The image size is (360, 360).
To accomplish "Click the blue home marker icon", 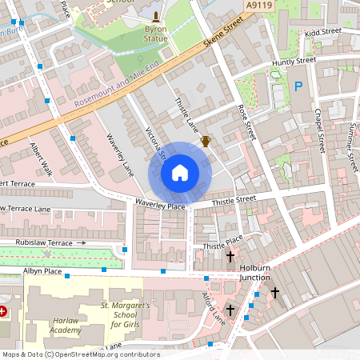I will [180, 172].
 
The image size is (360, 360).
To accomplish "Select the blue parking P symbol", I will [298, 86].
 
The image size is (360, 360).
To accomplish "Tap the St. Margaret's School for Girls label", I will [125, 314].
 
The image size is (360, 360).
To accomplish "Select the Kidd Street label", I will [322, 32].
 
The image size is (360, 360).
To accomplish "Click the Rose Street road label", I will [246, 121].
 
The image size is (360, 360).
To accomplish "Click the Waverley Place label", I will [159, 206].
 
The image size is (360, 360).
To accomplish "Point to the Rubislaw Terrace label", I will [38, 242].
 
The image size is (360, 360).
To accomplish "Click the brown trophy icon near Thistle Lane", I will [205, 142].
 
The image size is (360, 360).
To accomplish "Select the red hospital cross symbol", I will [3, 310].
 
